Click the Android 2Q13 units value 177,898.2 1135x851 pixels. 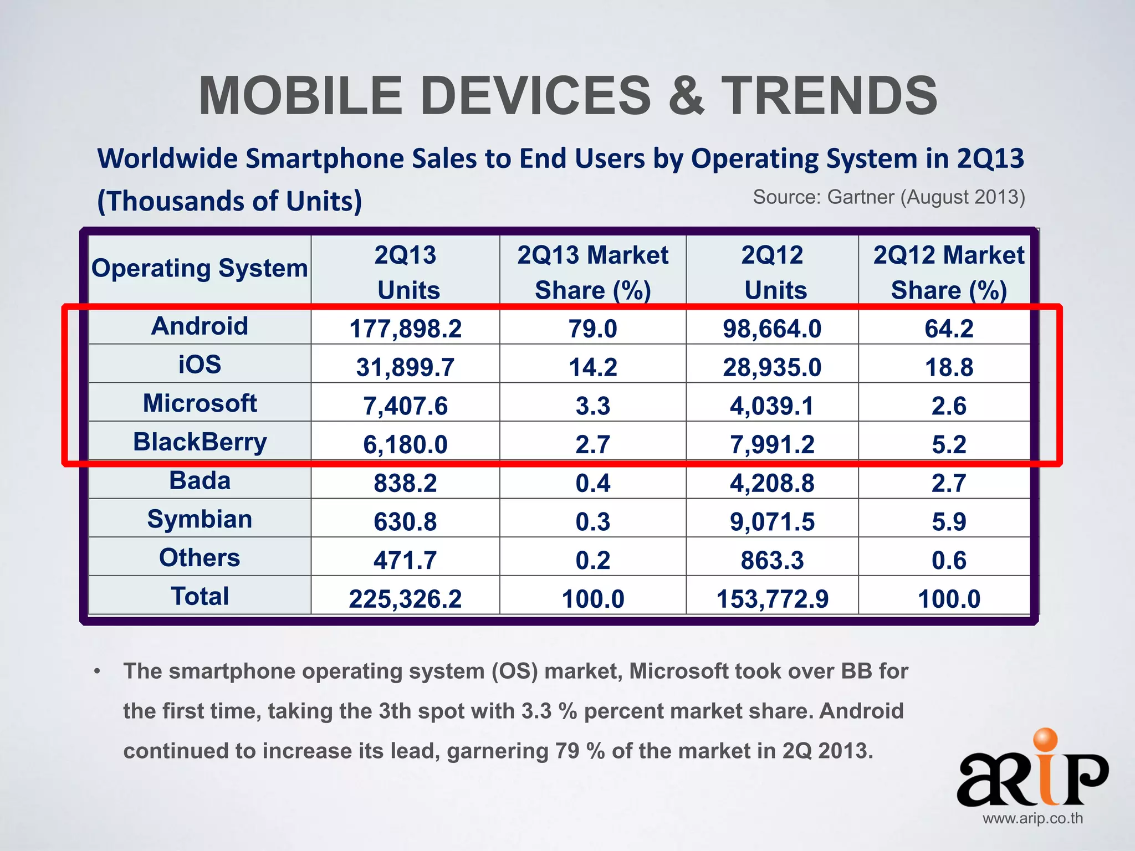(405, 329)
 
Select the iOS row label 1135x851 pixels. (200, 365)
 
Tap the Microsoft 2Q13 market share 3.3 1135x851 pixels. (592, 406)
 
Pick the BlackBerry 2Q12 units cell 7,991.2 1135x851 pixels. (772, 444)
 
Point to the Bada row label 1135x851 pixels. (200, 480)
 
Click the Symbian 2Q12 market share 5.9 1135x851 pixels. (949, 521)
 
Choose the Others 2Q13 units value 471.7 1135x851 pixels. (405, 560)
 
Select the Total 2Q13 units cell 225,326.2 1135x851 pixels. (405, 599)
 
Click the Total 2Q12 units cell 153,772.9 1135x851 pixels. (772, 599)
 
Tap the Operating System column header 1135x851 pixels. (200, 268)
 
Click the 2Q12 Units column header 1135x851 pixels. (772, 272)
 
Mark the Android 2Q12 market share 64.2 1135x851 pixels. (949, 329)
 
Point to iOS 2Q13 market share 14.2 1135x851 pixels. (592, 367)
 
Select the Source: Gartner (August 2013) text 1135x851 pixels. (889, 197)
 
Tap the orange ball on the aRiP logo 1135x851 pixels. (1045, 740)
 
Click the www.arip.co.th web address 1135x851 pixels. (1032, 818)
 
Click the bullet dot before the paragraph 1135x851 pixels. (98, 671)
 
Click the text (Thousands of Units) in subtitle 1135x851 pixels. (229, 201)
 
